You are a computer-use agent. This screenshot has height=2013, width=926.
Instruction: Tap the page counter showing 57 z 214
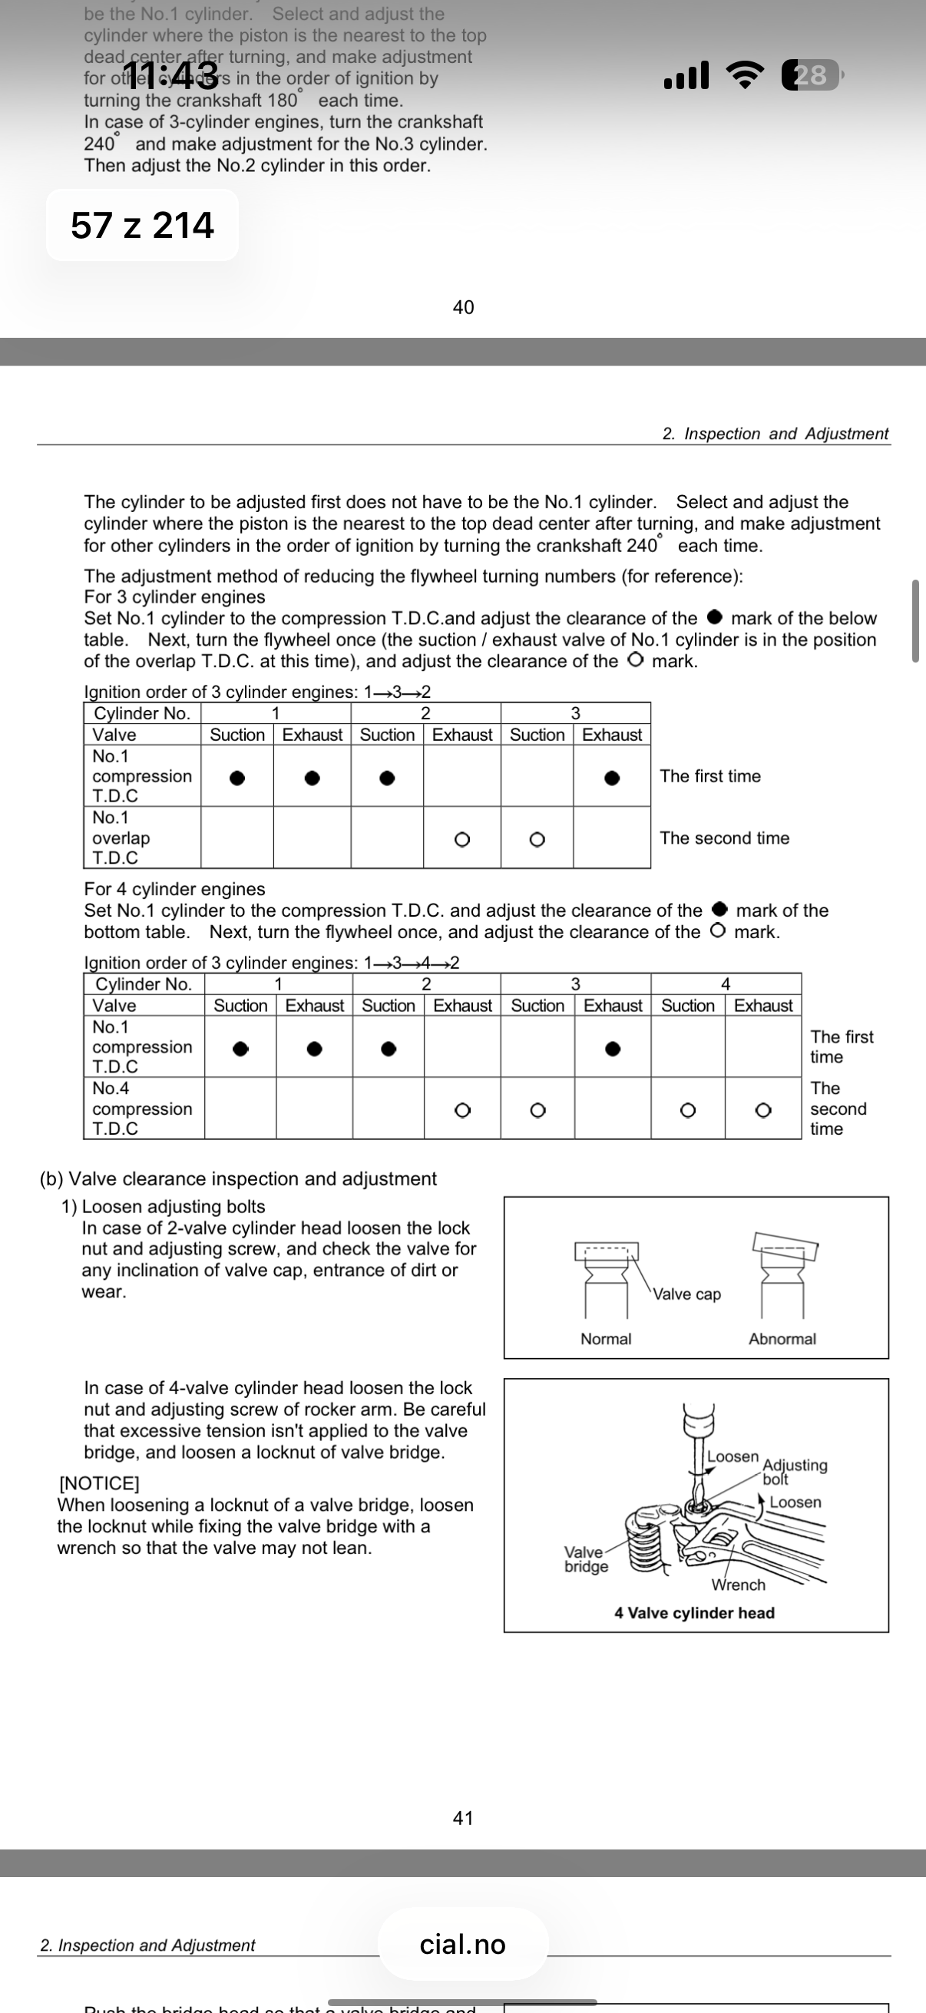coord(142,225)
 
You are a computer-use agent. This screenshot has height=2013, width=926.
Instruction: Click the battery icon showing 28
coord(811,75)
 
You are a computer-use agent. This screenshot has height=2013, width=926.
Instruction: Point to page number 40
coord(464,307)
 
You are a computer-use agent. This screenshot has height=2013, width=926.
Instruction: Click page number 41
coord(464,1819)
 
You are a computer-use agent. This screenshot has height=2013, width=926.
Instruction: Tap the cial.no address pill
coord(462,1944)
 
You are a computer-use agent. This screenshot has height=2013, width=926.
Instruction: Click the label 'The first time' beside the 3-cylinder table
coord(709,776)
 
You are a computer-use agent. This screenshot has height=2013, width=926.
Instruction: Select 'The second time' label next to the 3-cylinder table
coord(723,838)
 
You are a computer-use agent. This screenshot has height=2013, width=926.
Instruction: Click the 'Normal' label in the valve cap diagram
coord(606,1339)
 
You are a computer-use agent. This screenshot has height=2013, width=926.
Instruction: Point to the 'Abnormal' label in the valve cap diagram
coord(782,1339)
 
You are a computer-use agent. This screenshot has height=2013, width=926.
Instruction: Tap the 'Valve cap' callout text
coord(687,1294)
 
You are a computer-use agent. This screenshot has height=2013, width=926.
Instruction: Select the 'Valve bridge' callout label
coord(585,1559)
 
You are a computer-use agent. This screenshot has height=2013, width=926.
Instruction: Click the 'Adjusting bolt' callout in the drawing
coord(794,1471)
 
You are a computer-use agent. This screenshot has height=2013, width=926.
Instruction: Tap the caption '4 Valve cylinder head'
coord(694,1613)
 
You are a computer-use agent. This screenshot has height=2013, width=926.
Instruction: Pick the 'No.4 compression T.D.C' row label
coord(142,1108)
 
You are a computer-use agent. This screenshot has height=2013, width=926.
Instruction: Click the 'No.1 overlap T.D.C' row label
coord(121,838)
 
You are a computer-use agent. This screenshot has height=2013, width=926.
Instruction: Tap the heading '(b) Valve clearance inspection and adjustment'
coord(238,1178)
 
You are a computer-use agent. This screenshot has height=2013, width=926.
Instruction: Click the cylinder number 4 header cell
coord(725,983)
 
